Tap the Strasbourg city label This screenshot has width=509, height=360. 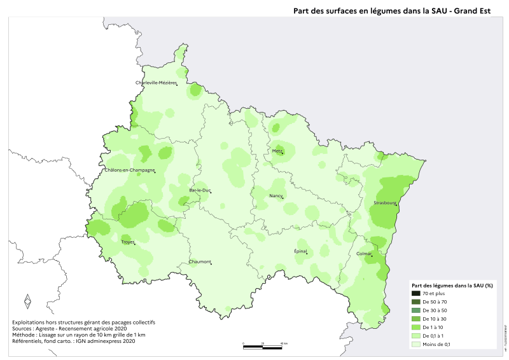(385, 204)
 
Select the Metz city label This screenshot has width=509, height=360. (277, 151)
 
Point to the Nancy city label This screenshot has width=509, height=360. (275, 196)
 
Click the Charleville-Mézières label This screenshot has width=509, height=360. (155, 83)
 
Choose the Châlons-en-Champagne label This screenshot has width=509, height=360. (130, 170)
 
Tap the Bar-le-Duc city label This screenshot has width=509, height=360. (199, 190)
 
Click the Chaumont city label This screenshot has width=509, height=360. (199, 261)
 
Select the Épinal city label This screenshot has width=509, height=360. (300, 251)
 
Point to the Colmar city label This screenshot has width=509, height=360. (364, 254)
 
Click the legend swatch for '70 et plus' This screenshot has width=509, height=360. (417, 294)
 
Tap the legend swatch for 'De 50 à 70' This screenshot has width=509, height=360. (417, 302)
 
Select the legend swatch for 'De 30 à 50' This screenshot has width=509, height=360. (417, 310)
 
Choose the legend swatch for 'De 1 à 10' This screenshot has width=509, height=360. (417, 327)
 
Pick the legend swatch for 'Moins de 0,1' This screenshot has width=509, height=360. (417, 344)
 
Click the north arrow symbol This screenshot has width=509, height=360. (27, 301)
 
